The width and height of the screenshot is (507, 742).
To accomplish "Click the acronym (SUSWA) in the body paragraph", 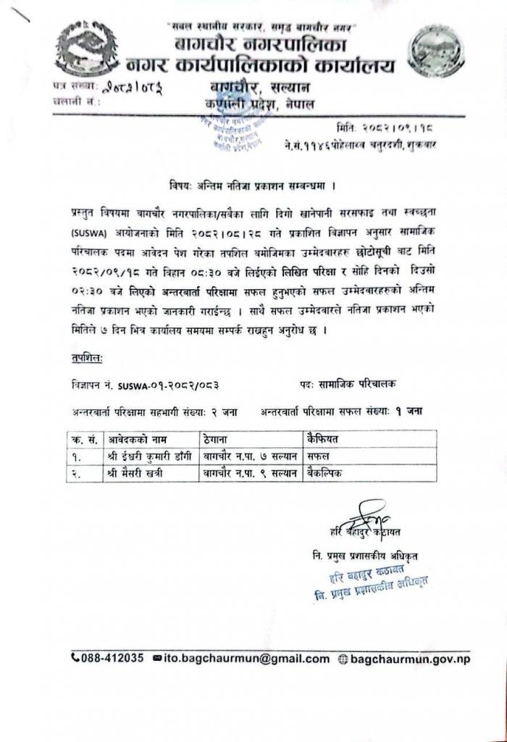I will click(89, 234).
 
